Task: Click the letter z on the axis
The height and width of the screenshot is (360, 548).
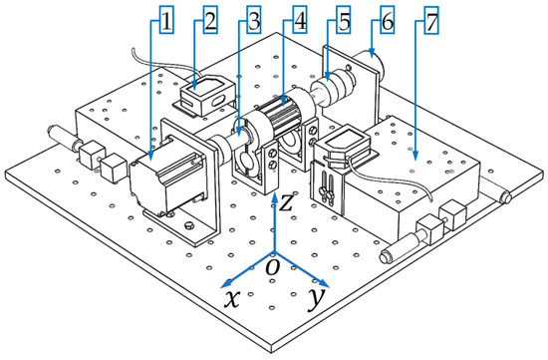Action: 286,202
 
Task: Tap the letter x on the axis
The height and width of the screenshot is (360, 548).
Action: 232,299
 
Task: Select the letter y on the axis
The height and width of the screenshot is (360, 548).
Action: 316,300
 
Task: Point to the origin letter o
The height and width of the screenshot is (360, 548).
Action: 273,267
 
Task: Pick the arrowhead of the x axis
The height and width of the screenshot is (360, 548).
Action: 226,283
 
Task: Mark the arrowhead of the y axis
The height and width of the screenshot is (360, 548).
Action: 323,283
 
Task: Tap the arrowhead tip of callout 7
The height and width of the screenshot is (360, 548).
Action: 415,160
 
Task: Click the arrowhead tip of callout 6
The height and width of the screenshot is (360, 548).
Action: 372,56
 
